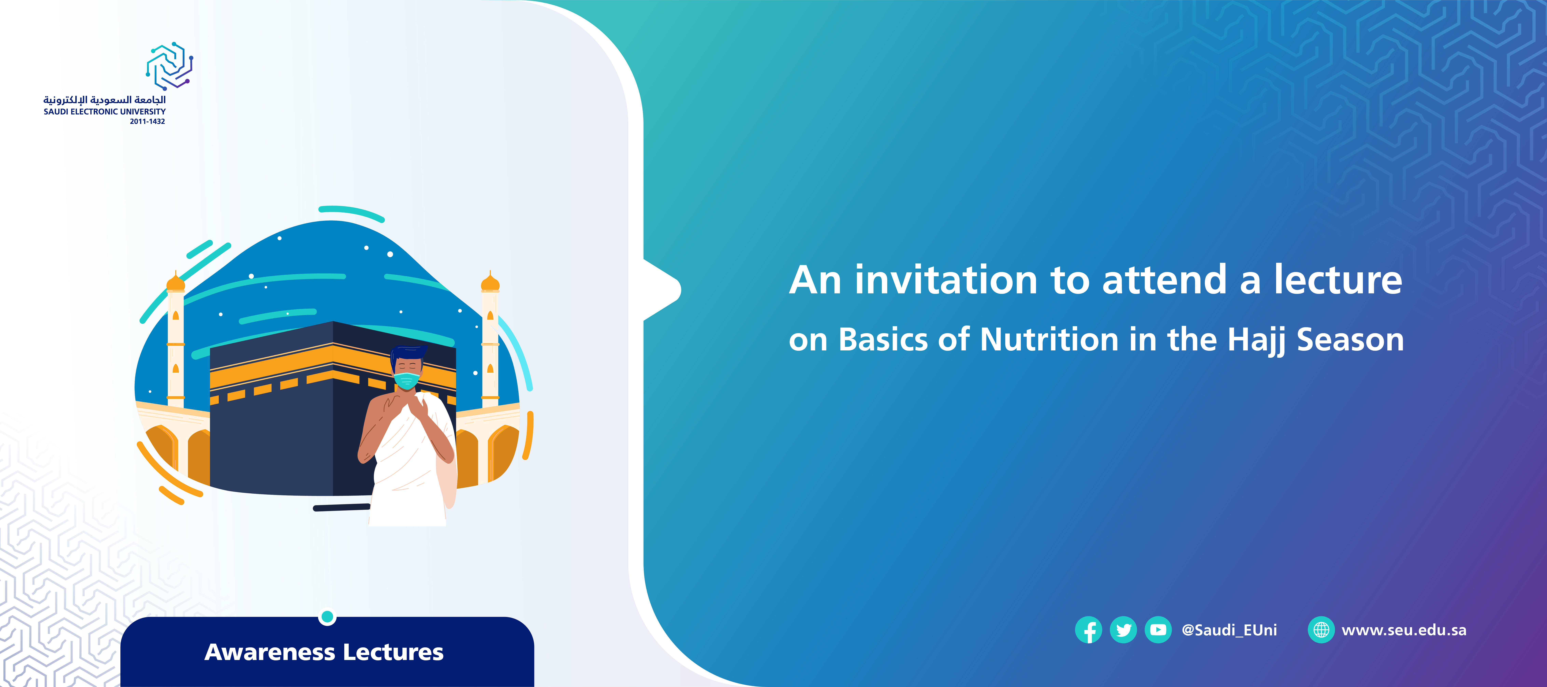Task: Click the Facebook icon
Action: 1088,630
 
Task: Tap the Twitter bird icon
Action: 1123,630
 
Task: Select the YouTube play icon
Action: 1158,630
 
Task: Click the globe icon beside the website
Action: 1321,630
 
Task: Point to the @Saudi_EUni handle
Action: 1229,630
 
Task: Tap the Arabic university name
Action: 105,100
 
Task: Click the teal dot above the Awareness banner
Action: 327,617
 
